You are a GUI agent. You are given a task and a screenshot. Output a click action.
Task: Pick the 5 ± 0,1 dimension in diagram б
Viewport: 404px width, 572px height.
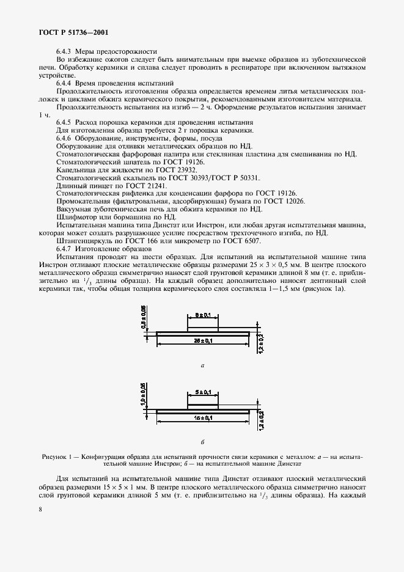[203, 392]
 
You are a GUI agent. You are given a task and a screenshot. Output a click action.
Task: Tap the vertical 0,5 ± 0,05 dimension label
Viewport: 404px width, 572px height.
[144, 317]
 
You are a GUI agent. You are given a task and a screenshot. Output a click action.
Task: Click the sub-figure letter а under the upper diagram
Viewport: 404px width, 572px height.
[202, 365]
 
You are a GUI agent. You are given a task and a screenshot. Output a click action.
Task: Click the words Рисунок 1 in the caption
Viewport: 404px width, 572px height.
[56, 457]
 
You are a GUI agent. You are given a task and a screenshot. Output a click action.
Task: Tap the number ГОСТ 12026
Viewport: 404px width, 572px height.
[286, 201]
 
